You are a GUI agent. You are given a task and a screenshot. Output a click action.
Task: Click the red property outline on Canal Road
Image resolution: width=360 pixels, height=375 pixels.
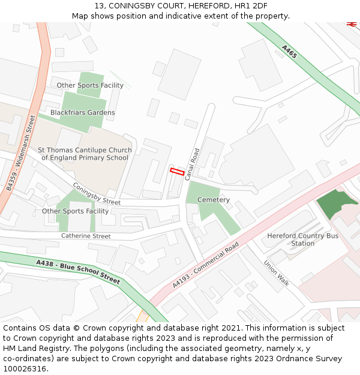[176, 172]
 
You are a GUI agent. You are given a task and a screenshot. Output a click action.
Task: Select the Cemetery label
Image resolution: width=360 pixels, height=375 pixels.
[214, 200]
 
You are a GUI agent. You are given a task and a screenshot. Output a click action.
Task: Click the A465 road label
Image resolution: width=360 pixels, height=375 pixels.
[289, 52]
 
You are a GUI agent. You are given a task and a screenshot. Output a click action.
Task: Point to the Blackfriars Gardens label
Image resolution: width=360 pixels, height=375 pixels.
[83, 113]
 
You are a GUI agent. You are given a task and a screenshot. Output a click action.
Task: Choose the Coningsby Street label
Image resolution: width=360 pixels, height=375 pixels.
[96, 194]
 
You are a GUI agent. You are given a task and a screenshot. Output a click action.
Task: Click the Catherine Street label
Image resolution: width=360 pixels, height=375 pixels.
[86, 236]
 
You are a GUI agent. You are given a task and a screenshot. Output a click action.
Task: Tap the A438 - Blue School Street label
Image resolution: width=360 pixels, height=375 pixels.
[78, 272]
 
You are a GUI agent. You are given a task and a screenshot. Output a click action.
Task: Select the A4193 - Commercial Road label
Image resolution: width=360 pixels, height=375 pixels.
[205, 265]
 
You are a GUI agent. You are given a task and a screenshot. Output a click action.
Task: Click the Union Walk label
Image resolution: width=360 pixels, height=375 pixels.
[277, 272]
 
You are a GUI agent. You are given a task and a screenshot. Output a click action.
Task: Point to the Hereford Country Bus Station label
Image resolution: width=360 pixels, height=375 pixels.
[302, 239]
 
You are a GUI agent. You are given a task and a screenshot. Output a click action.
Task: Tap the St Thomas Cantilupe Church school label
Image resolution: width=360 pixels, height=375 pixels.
[85, 154]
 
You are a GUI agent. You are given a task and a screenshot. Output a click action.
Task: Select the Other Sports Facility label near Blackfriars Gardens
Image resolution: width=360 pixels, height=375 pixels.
[90, 85]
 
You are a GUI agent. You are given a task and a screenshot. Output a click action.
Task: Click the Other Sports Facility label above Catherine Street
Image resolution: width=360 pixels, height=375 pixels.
[75, 211]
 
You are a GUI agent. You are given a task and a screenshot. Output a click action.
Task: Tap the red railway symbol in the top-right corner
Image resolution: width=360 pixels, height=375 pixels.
[352, 24]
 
